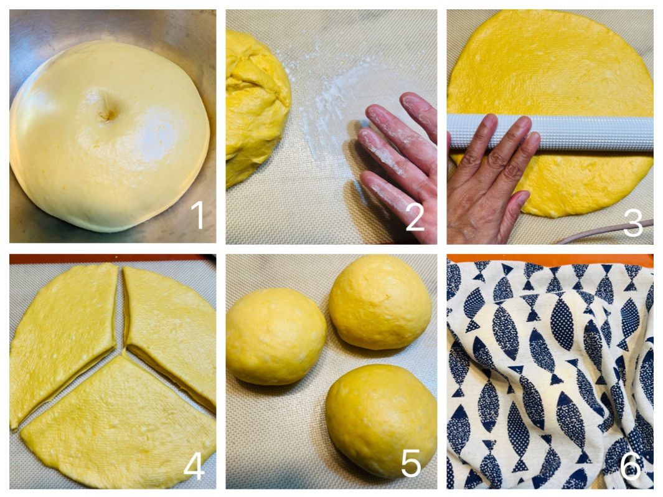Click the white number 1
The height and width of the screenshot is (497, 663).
(197, 215)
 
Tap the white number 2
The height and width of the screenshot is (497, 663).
(415, 217)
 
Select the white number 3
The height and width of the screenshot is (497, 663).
(632, 222)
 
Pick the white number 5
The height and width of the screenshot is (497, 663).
(411, 463)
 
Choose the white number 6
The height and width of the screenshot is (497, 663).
(631, 465)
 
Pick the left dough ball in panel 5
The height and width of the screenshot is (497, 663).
(276, 336)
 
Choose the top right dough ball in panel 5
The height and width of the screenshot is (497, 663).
(380, 301)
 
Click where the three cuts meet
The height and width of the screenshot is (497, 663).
(123, 348)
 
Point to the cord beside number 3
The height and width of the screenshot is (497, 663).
(604, 233)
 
